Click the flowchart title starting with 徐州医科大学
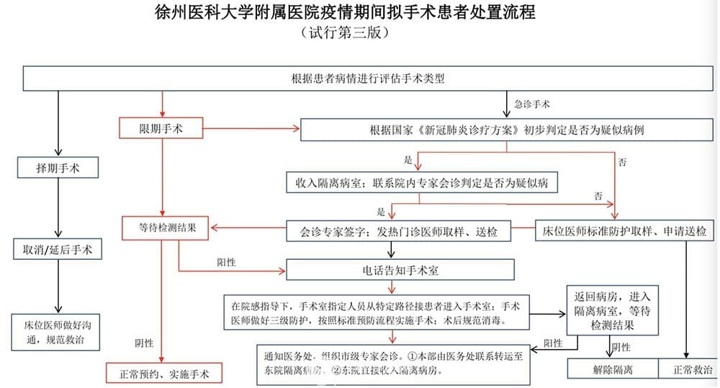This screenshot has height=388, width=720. point(345,12)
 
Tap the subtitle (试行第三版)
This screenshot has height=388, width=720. point(345,32)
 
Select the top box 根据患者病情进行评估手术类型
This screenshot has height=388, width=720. point(368,78)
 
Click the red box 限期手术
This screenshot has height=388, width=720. point(161,128)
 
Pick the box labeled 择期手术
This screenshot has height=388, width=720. point(58,168)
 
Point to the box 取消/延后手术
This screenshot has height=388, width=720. point(58,249)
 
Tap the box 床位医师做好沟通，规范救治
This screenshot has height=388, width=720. point(55,333)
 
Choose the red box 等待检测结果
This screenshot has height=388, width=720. point(166,227)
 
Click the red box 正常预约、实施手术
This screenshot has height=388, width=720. point(164,374)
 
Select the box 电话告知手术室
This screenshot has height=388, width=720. point(400,270)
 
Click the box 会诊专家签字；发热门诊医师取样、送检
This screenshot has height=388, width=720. point(399,231)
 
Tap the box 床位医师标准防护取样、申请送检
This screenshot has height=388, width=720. point(624,231)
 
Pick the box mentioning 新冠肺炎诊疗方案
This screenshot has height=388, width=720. point(506,130)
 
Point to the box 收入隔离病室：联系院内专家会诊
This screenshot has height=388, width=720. point(422,183)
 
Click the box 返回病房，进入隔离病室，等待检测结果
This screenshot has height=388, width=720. point(613,311)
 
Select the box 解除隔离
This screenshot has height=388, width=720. point(613,369)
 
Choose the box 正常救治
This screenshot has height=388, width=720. point(688,369)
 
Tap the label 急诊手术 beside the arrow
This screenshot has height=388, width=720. point(532,104)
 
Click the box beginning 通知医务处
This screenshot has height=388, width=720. point(394,364)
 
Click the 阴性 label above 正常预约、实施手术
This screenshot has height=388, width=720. point(144,343)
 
